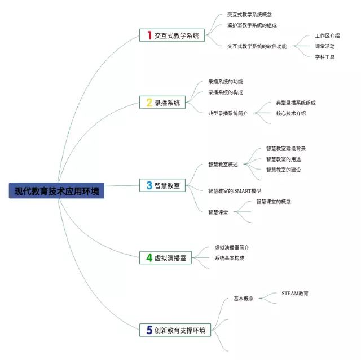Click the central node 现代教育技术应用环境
[x=56, y=191]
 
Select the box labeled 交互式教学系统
[x=172, y=35]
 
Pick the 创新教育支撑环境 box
[x=175, y=330]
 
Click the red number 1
[x=149, y=35]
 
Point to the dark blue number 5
[x=149, y=330]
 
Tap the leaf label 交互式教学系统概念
[x=249, y=15]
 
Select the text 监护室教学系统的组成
[x=252, y=25]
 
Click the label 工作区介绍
[x=327, y=35]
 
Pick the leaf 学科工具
[x=325, y=56]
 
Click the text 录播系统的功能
[x=226, y=82]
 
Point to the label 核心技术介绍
[x=291, y=113]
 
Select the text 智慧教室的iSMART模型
[x=234, y=191]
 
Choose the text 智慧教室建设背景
[x=286, y=149]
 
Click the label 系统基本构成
[x=229, y=258]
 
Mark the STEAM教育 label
[x=295, y=294]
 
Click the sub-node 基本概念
[x=244, y=299]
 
